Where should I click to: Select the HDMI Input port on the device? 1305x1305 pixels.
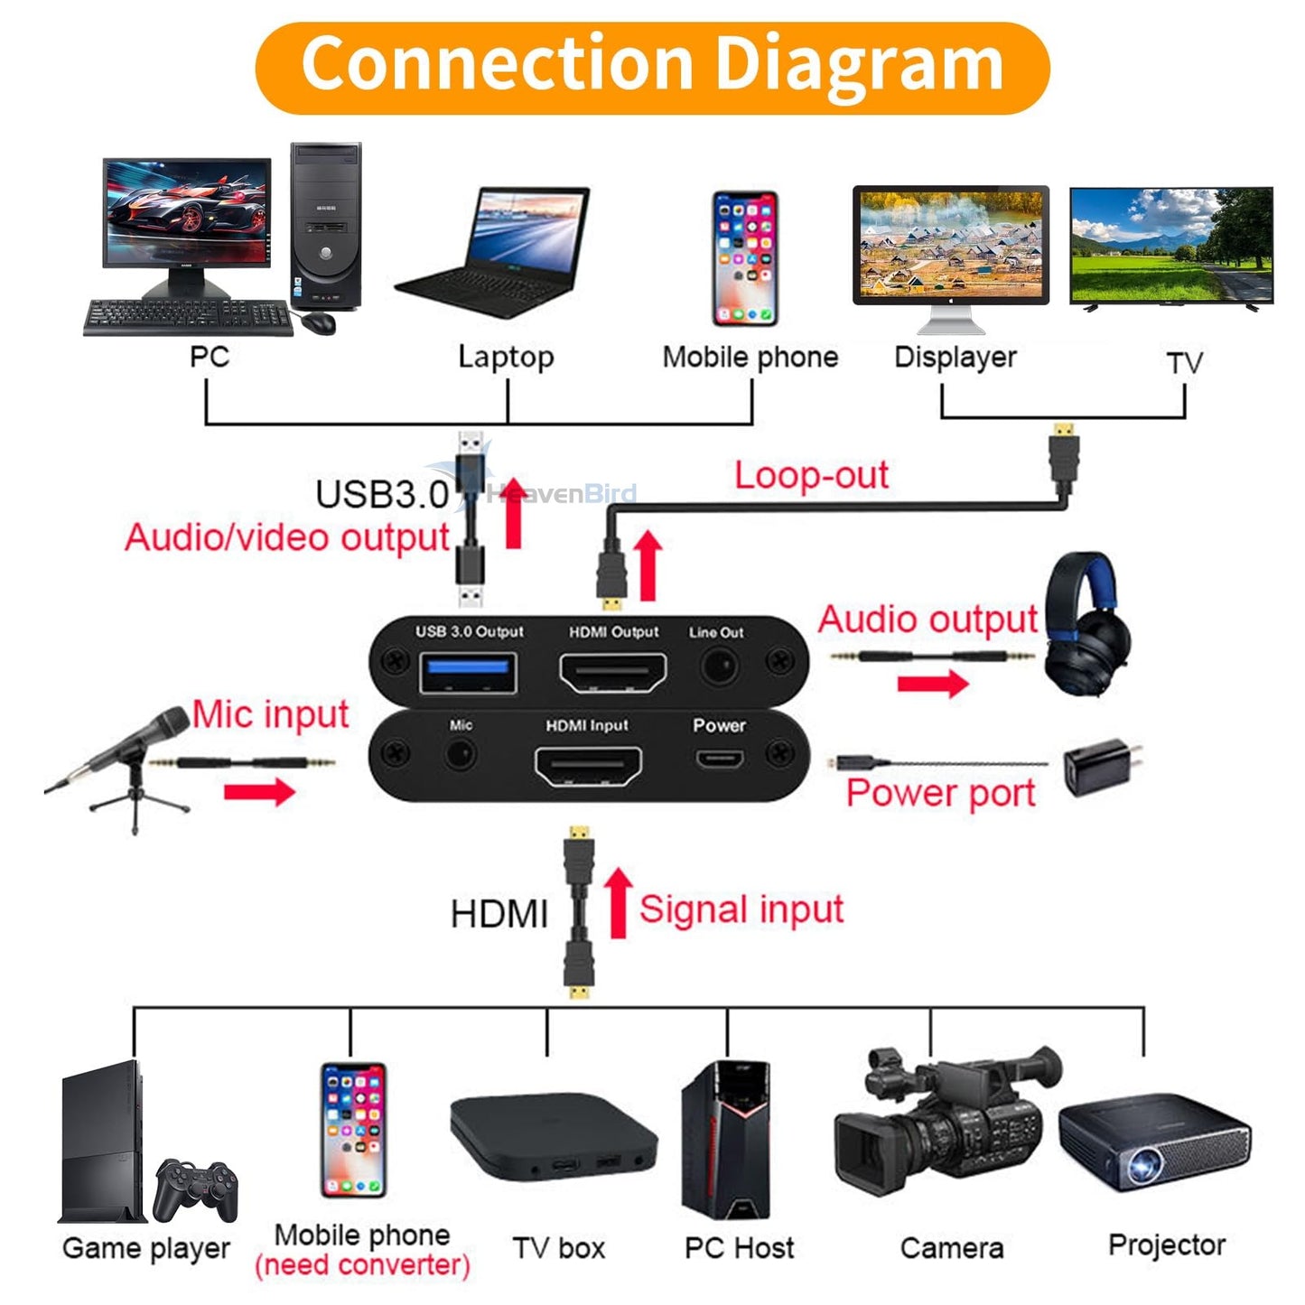pos(588,767)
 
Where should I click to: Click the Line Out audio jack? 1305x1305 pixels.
pos(720,668)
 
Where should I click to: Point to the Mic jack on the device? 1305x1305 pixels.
pos(461,754)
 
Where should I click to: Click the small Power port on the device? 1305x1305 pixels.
pos(720,758)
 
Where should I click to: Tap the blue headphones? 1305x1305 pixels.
pos(1086,628)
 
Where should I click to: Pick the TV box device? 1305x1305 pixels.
pos(553,1135)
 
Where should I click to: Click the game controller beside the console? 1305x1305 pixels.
pos(195,1190)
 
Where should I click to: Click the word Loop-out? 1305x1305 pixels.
pos(810,475)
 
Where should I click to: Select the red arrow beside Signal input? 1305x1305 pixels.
pos(618,902)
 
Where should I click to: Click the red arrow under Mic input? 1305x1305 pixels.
pos(259,792)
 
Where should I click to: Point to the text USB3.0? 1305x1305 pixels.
pos(382,494)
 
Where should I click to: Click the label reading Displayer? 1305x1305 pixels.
pos(955,358)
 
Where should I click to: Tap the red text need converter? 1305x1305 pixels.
pos(362,1265)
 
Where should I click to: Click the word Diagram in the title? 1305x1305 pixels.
pos(859,64)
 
